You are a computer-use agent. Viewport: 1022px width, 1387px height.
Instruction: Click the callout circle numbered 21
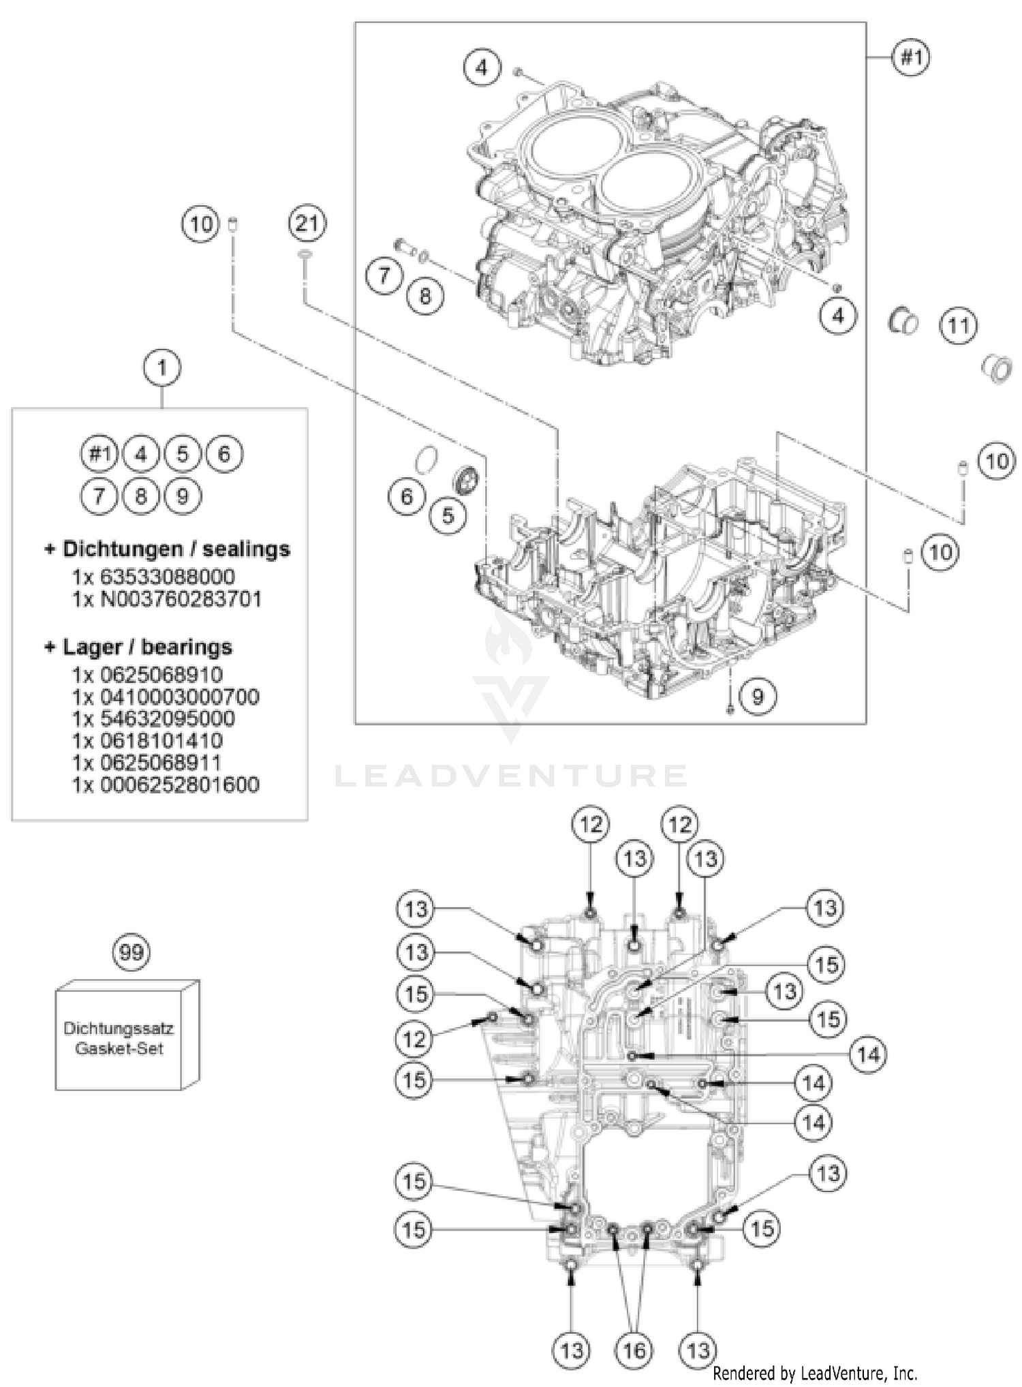click(x=307, y=223)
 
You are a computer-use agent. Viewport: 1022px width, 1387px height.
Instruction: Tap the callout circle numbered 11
click(x=959, y=326)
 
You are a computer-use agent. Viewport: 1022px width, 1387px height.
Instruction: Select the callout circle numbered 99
click(x=131, y=951)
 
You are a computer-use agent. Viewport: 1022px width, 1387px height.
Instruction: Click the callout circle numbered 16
click(x=634, y=1350)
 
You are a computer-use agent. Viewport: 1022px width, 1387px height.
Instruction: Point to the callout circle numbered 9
click(x=757, y=696)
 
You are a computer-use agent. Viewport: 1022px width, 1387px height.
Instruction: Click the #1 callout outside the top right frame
click(x=912, y=57)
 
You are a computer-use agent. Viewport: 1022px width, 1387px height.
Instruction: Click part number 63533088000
click(x=167, y=577)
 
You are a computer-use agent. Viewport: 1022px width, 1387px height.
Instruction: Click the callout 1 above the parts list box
click(x=161, y=367)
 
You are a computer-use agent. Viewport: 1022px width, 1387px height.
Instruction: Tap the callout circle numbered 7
click(x=384, y=275)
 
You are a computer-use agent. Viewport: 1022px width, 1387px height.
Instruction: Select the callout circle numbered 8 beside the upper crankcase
click(x=425, y=296)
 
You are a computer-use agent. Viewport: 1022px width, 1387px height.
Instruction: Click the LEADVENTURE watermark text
click(x=510, y=776)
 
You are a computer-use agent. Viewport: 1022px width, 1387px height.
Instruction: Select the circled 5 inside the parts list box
click(x=182, y=453)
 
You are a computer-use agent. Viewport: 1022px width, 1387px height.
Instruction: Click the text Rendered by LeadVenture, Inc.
click(x=815, y=1373)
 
